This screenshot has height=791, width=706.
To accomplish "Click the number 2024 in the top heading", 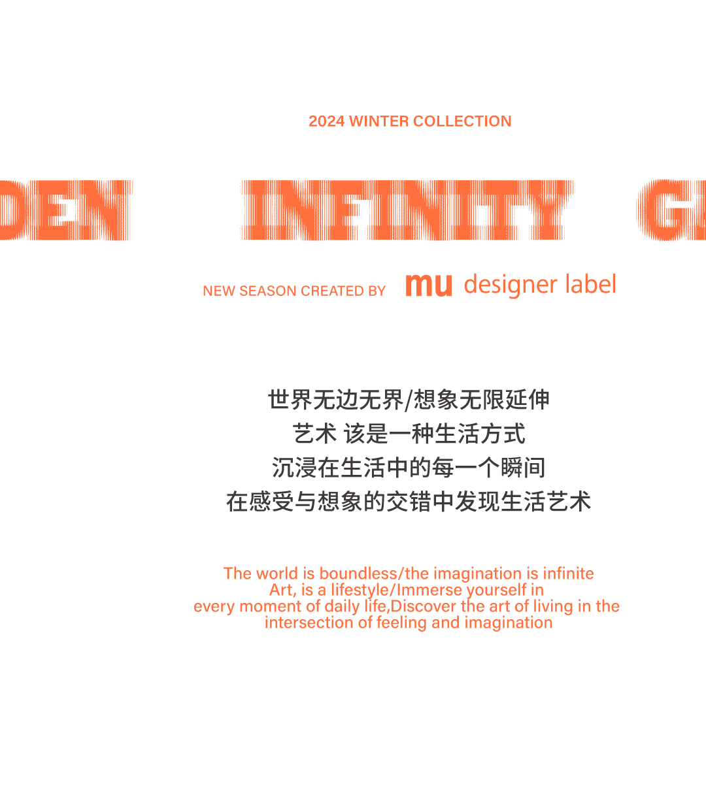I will click(327, 121).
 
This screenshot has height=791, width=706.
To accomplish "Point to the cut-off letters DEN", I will click(65, 210).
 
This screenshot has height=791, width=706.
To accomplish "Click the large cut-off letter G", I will click(660, 210).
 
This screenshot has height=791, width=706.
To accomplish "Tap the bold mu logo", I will click(428, 285).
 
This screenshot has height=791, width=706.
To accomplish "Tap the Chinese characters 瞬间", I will click(523, 468).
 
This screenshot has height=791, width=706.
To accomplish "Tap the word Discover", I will click(423, 606).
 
